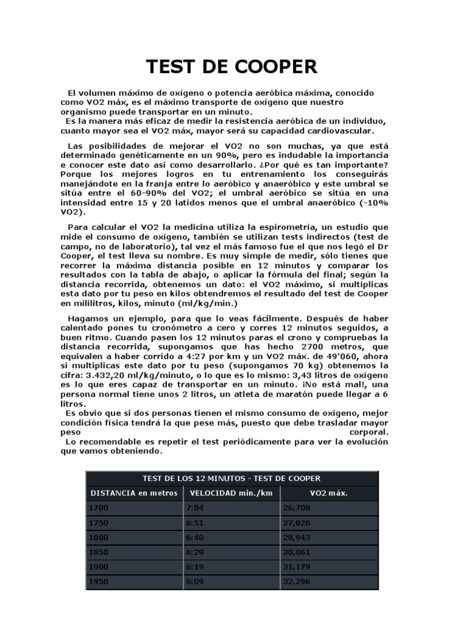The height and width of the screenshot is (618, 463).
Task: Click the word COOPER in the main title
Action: coord(272,66)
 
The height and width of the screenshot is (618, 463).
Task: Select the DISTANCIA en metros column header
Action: coord(134,493)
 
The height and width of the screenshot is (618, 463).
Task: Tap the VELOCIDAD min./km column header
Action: coord(231,493)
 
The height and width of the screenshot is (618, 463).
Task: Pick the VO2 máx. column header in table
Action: coord(329,493)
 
